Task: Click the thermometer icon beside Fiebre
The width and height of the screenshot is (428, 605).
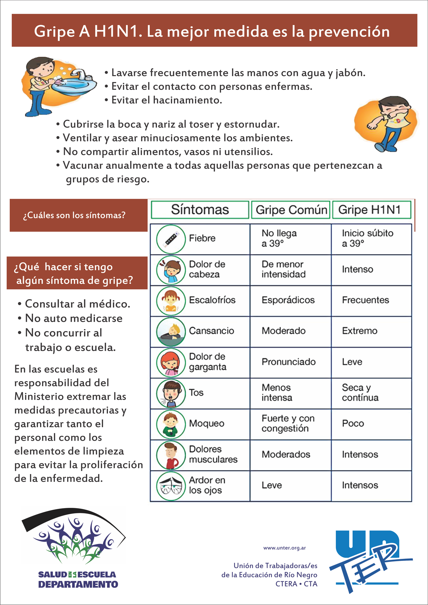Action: [171, 239]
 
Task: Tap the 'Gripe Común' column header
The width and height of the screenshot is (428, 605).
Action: [291, 210]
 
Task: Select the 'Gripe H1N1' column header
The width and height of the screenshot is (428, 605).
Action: [371, 210]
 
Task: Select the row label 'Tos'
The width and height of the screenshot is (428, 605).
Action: [196, 393]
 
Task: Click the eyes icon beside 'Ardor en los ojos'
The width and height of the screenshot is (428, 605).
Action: [171, 486]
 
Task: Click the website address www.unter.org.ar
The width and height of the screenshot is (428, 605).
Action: [284, 548]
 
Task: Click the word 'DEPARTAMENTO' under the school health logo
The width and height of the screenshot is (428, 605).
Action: [78, 584]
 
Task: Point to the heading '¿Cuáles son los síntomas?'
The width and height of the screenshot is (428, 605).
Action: [74, 216]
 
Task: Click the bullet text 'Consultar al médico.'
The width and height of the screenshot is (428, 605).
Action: [77, 304]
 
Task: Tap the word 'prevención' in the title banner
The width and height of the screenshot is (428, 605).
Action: [349, 32]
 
